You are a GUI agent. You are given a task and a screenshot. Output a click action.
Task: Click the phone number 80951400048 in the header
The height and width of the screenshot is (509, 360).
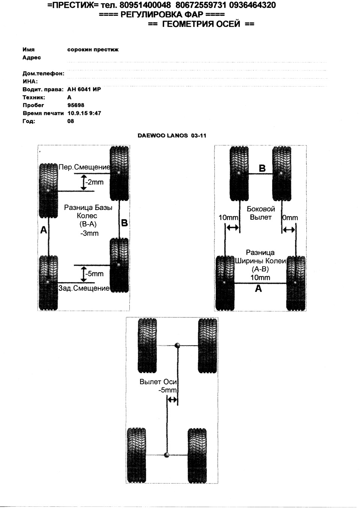[x=145, y=5]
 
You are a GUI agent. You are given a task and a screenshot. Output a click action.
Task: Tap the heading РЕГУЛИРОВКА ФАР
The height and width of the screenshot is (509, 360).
[x=162, y=15]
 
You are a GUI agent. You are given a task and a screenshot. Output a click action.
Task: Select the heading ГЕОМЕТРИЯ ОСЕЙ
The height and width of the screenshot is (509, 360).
[x=201, y=24]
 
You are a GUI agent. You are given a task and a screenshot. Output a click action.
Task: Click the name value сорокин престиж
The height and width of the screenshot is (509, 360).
[x=93, y=49]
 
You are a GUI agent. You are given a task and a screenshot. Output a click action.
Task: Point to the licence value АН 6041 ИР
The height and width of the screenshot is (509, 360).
[x=84, y=89]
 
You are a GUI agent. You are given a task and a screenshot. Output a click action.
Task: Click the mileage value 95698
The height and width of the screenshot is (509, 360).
[x=76, y=105]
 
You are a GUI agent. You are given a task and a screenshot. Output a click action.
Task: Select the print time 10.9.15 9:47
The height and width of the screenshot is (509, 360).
[x=84, y=113]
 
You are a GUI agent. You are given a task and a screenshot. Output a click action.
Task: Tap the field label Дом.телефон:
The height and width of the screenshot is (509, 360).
[x=43, y=73]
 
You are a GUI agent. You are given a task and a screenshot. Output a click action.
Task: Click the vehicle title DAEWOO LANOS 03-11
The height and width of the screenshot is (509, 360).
[x=172, y=136]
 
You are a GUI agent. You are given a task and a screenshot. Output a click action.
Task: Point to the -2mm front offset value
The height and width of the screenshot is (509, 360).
[x=94, y=182]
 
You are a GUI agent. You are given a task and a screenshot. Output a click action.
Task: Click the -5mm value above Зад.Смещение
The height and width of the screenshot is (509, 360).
[x=94, y=274]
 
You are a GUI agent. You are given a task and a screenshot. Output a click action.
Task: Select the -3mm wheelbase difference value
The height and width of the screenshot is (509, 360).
[x=89, y=234]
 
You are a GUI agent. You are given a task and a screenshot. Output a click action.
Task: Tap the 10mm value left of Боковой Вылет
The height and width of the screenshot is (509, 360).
[x=228, y=218]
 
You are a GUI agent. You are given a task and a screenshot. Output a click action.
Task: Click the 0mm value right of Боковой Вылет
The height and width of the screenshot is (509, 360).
[x=290, y=218]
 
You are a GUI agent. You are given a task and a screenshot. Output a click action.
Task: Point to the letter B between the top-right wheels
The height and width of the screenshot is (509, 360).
[x=262, y=168]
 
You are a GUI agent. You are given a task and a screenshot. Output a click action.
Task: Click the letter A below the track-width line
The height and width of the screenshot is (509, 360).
[x=258, y=289]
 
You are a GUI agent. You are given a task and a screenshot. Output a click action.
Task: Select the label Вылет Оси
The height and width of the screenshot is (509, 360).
[x=158, y=382]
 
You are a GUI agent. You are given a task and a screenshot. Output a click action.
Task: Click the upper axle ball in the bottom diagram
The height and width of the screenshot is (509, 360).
[x=177, y=346]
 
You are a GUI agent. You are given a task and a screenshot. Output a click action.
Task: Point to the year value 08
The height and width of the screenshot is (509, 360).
[x=70, y=121]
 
